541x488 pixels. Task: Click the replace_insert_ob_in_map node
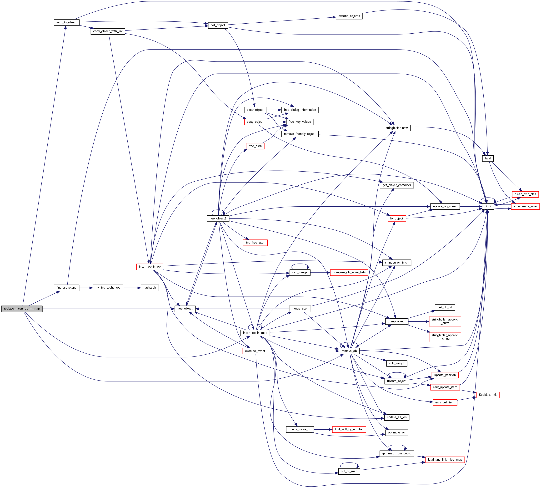(22, 309)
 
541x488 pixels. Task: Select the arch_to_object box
(66, 23)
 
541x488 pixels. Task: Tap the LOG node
(488, 206)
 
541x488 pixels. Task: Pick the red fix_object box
(396, 219)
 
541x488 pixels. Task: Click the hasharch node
(150, 288)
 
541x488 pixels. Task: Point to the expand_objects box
(349, 16)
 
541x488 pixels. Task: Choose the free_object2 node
(218, 219)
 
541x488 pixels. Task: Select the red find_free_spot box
(255, 243)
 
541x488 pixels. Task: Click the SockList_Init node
(488, 395)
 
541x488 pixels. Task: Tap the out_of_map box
(349, 471)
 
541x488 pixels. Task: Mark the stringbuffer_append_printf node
(445, 321)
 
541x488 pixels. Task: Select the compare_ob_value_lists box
(349, 272)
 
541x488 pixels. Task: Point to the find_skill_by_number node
(349, 429)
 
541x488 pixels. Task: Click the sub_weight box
(396, 363)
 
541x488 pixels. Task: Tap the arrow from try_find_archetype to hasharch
(132, 288)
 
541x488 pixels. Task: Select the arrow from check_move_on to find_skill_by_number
(323, 429)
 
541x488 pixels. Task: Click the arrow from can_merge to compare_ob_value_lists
(320, 272)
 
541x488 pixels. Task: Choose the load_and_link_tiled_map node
(445, 460)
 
